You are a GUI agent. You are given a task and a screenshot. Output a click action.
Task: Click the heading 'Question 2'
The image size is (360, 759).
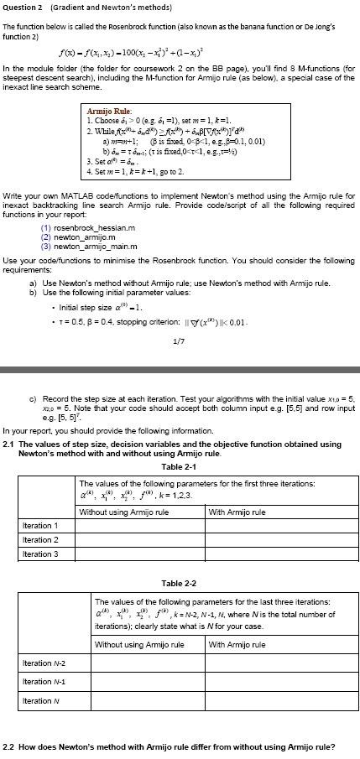24,8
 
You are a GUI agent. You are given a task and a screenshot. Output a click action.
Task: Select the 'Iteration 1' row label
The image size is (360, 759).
39,526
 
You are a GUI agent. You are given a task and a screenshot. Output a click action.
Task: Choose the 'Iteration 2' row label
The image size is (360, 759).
39,539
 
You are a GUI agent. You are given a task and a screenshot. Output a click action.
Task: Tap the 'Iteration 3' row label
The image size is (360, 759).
39,554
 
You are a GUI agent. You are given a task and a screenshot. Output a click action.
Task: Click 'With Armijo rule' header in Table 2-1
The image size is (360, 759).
237,512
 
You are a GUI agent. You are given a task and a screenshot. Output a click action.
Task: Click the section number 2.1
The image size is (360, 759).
9,443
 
